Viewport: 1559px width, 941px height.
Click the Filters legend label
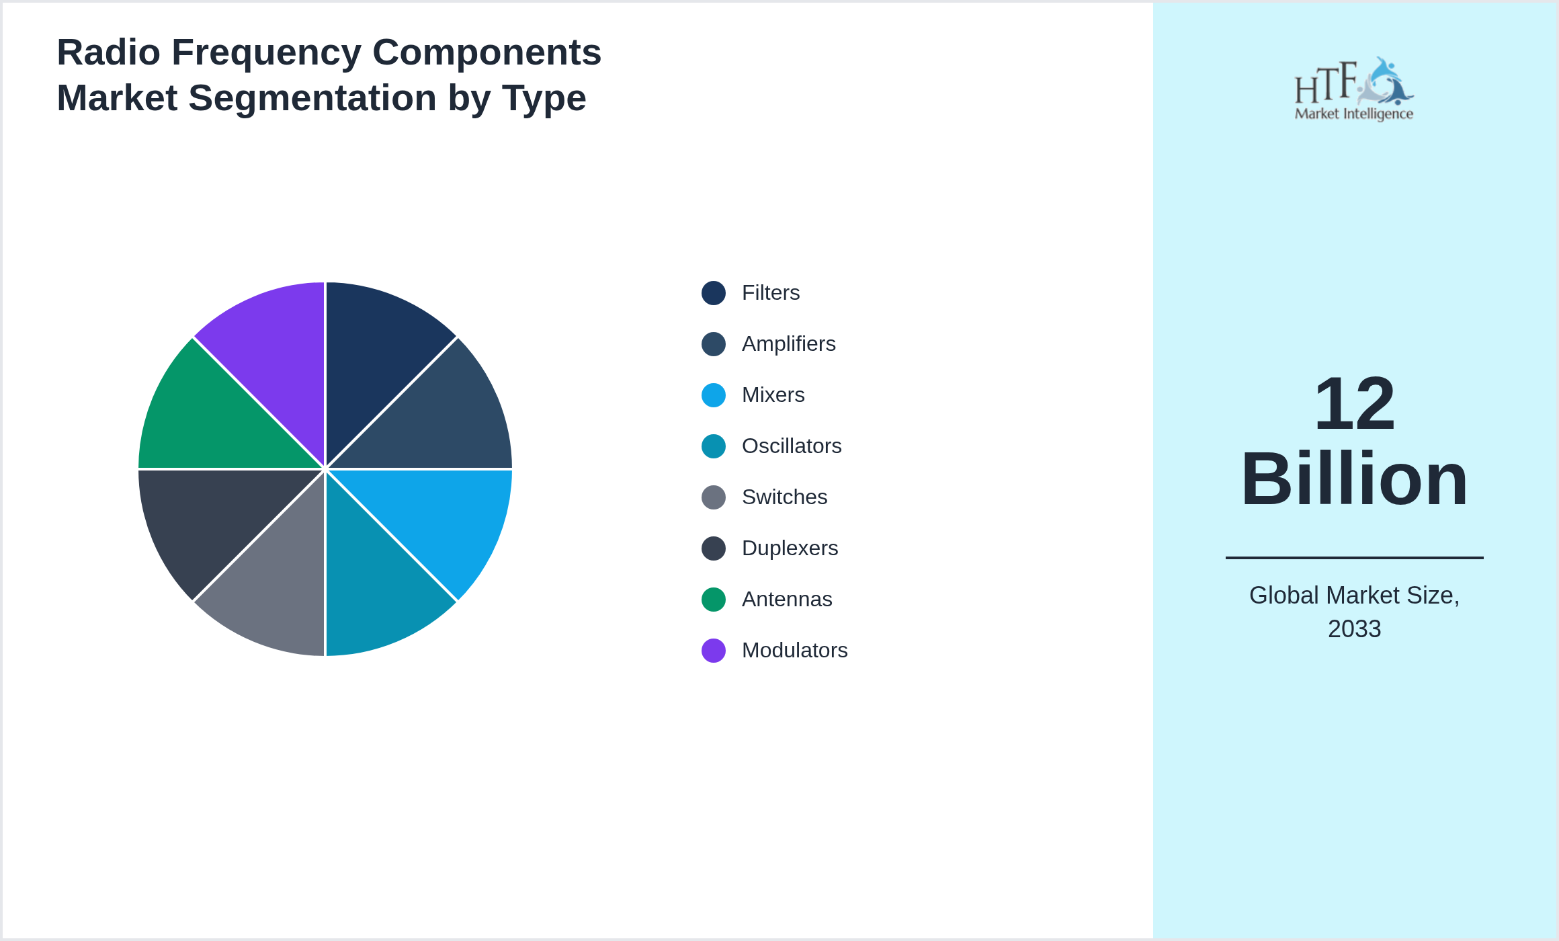[771, 293]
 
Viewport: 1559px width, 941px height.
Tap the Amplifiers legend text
[788, 344]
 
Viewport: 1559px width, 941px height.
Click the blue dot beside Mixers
[714, 395]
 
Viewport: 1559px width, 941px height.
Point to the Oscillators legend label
[792, 446]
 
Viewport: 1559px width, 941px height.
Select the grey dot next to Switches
[714, 497]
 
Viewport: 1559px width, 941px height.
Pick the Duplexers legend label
[790, 548]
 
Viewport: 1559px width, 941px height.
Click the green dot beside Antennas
[714, 600]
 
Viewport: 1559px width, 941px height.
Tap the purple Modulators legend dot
[714, 651]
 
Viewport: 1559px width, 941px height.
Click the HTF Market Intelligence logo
[1354, 89]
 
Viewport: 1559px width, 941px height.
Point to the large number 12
[1354, 404]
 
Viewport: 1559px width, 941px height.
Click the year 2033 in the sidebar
[1354, 629]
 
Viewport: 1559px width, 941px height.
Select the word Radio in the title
[108, 52]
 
